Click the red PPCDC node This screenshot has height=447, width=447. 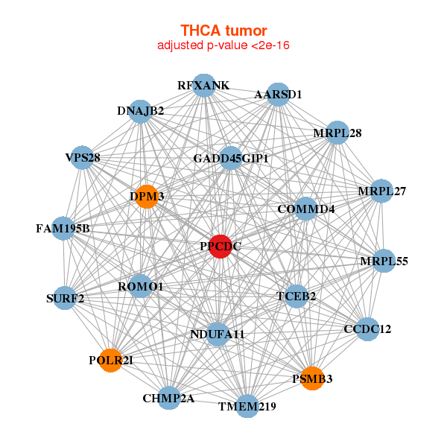tap(220, 246)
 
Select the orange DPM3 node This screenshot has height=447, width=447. tap(147, 196)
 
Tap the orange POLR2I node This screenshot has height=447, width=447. tap(111, 360)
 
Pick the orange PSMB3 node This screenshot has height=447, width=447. tap(312, 378)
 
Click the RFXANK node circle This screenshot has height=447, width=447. tap(204, 86)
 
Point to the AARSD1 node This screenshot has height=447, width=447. tap(278, 95)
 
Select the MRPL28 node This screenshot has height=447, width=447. tap(337, 133)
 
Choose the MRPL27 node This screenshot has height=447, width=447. tap(381, 191)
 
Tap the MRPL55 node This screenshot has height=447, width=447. tap(384, 261)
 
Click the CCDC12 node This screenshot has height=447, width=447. tap(367, 329)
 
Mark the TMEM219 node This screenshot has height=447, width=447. tap(247, 406)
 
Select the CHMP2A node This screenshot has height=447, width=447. tap(169, 398)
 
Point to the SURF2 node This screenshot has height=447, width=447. tap(66, 299)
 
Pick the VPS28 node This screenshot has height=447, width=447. tap(83, 157)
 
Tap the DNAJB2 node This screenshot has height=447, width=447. tap(140, 111)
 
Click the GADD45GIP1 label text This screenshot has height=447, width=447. tap(231, 159)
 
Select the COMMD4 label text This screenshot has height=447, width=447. tap(305, 209)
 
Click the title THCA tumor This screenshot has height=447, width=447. tap(223, 31)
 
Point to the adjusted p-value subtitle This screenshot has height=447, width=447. tap(223, 45)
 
